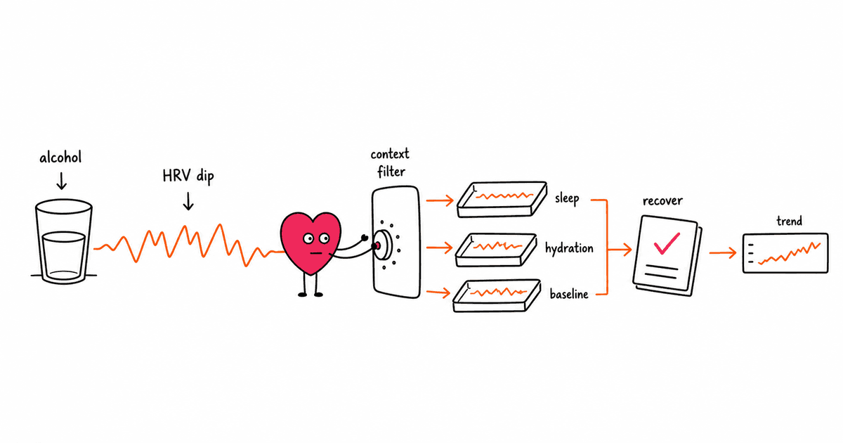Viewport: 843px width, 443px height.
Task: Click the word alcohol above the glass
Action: click(x=60, y=158)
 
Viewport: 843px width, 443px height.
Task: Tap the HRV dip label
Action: click(x=188, y=176)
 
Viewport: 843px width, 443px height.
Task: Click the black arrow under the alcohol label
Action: click(x=62, y=181)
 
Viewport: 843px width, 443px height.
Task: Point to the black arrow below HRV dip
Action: click(x=188, y=201)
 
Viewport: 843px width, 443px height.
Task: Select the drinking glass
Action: click(x=64, y=241)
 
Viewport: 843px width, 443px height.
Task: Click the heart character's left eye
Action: click(x=308, y=238)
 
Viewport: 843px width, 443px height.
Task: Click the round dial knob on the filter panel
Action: click(x=383, y=245)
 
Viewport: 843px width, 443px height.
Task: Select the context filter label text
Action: click(x=391, y=162)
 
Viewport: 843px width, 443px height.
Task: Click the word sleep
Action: click(x=567, y=198)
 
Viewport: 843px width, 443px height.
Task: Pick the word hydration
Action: click(x=569, y=249)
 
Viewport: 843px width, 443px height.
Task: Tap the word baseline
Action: click(x=569, y=294)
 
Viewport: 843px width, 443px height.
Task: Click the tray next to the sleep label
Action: click(x=502, y=200)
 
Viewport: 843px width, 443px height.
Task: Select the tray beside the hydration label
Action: click(x=496, y=250)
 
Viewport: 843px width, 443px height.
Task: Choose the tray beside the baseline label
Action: click(x=497, y=296)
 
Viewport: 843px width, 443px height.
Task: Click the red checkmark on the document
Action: click(x=667, y=243)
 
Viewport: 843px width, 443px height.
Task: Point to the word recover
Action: click(x=662, y=201)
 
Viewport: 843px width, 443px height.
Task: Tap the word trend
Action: click(x=789, y=221)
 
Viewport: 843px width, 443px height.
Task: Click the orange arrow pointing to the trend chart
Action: click(x=723, y=252)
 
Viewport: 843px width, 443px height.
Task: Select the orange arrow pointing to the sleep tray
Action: click(x=440, y=200)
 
